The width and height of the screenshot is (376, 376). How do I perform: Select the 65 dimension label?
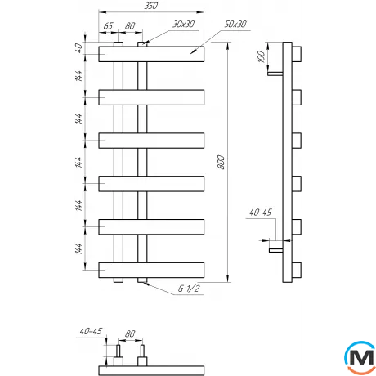(108, 25)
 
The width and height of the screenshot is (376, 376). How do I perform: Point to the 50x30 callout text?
(235, 25)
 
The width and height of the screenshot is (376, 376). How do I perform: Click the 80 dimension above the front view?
(130, 25)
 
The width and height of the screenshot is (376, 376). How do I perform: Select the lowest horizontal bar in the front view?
(153, 269)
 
